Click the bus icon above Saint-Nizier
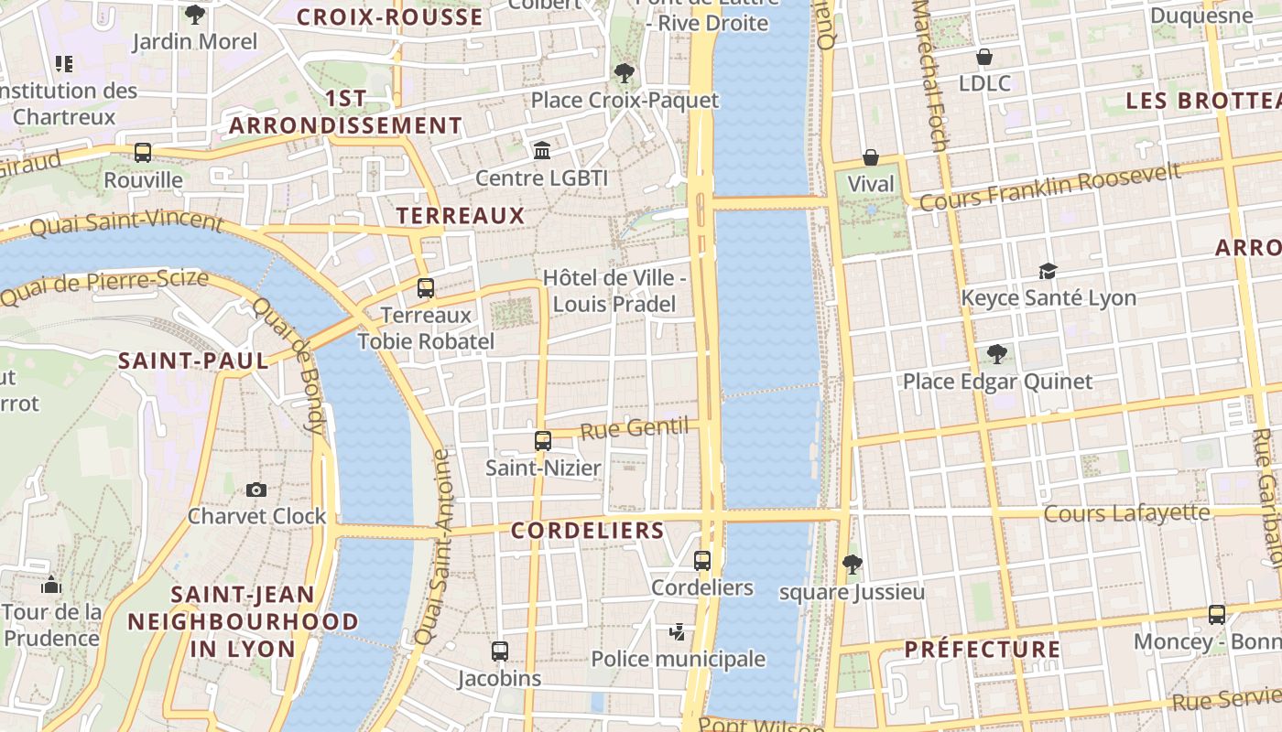[543, 441]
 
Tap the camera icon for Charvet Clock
[256, 490]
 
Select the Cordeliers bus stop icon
[702, 561]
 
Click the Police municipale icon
[678, 632]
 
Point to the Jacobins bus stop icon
[500, 651]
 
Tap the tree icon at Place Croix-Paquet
[625, 72]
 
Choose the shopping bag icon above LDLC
[984, 57]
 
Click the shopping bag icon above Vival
[870, 157]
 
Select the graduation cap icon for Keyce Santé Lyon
[1048, 271]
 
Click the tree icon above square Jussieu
[852, 565]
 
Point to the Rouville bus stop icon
[143, 153]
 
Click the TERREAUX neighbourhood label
[461, 216]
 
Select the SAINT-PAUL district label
[193, 361]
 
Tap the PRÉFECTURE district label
[983, 650]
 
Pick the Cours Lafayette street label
[1126, 513]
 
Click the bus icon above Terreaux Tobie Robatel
[426, 288]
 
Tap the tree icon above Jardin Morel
[195, 15]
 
